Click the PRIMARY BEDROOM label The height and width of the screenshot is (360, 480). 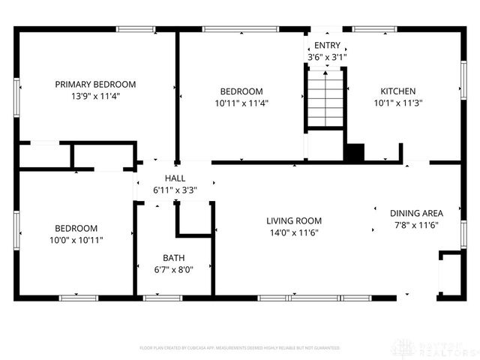click(95, 84)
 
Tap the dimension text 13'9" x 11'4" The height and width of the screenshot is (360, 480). click(95, 96)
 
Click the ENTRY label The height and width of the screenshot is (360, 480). click(327, 46)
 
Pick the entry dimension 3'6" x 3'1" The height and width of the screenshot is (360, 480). click(327, 57)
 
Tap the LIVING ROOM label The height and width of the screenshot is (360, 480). click(294, 220)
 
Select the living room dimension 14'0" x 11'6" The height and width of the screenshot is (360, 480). click(294, 232)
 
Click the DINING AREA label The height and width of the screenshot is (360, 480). click(416, 213)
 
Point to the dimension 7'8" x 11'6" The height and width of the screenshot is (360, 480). click(416, 225)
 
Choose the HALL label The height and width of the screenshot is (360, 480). click(175, 178)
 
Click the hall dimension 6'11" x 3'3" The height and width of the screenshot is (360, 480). click(175, 190)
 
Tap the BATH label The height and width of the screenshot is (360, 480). click(173, 258)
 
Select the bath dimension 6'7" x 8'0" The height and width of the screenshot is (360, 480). click(173, 270)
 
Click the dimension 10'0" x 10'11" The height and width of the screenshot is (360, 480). click(76, 240)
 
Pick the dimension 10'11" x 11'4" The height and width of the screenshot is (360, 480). click(241, 103)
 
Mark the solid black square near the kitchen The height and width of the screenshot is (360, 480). click(354, 152)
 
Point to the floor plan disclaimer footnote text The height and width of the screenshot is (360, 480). click(240, 348)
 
